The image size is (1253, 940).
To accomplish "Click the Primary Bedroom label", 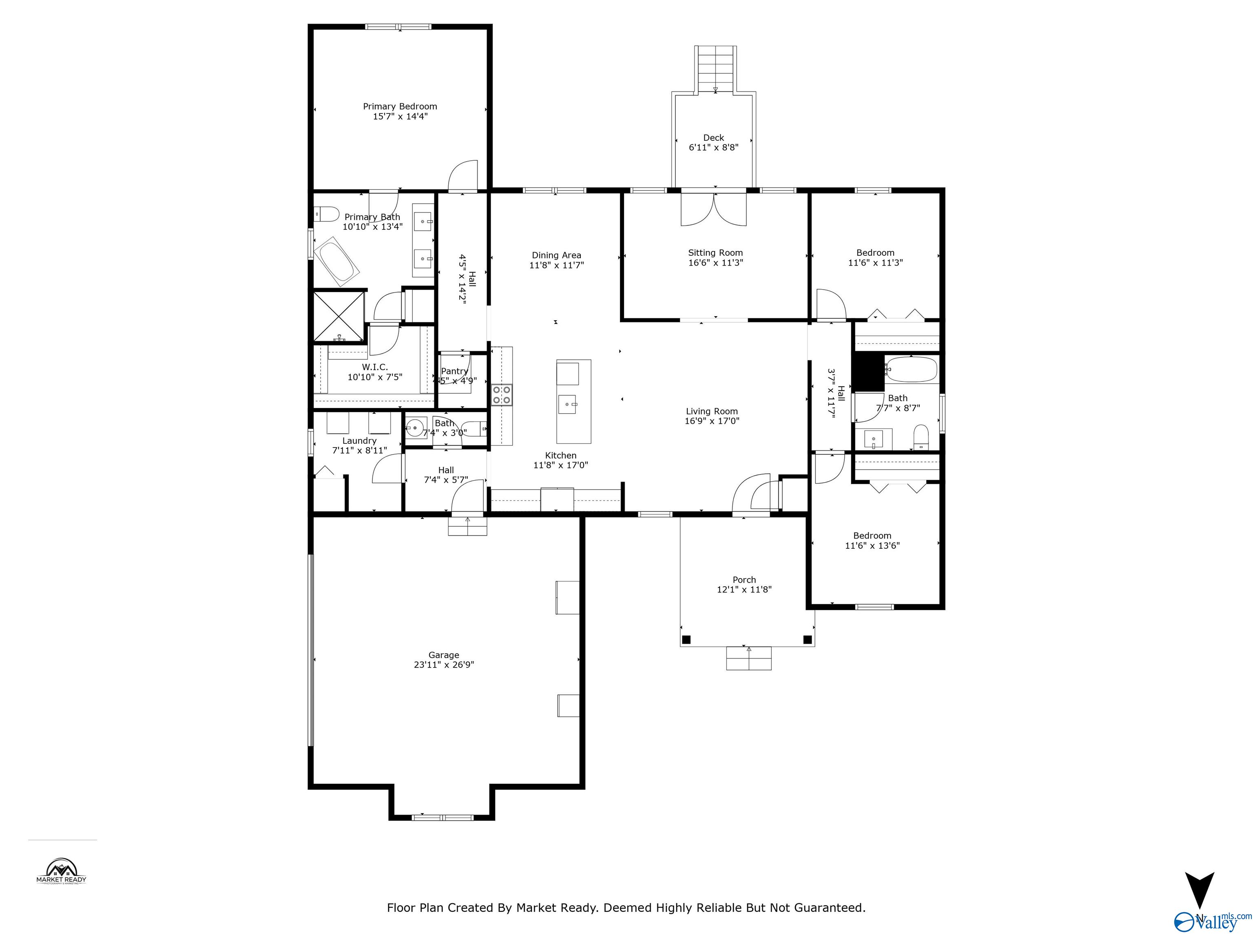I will tap(400, 106).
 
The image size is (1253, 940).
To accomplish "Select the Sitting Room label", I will tap(715, 253).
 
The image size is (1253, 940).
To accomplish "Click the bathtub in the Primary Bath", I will tap(336, 262).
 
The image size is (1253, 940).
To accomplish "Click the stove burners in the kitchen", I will tap(501, 395).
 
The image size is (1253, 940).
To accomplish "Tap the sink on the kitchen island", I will tap(568, 405).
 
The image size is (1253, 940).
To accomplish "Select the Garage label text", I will tap(443, 655).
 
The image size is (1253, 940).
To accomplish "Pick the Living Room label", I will tap(711, 411).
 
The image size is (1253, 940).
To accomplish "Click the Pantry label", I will tap(454, 371).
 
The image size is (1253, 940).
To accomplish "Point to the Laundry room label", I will tap(359, 441).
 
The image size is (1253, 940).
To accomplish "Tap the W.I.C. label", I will tap(375, 367).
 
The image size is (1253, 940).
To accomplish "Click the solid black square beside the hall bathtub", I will tap(868, 372).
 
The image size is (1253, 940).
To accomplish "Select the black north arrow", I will tap(1199, 889).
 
